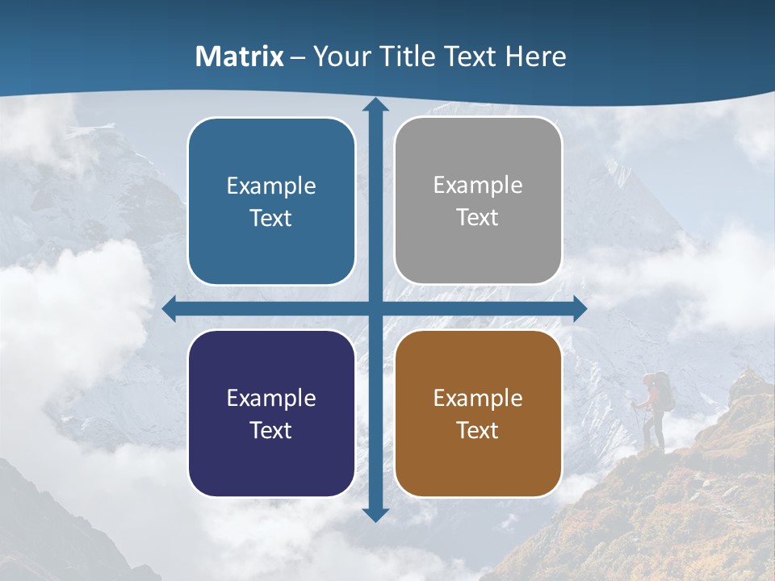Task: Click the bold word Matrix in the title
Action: (240, 56)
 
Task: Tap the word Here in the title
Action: (535, 56)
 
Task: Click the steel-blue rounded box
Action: (271, 201)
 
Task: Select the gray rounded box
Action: (478, 201)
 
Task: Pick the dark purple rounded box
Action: (271, 413)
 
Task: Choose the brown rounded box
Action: (478, 413)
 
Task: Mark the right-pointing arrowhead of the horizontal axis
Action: (579, 308)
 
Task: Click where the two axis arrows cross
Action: (375, 308)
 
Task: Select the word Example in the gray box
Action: (478, 185)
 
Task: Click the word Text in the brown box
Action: (478, 430)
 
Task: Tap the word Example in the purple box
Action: (271, 398)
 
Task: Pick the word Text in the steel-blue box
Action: (271, 218)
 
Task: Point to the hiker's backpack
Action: (663, 392)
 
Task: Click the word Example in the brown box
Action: (478, 398)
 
